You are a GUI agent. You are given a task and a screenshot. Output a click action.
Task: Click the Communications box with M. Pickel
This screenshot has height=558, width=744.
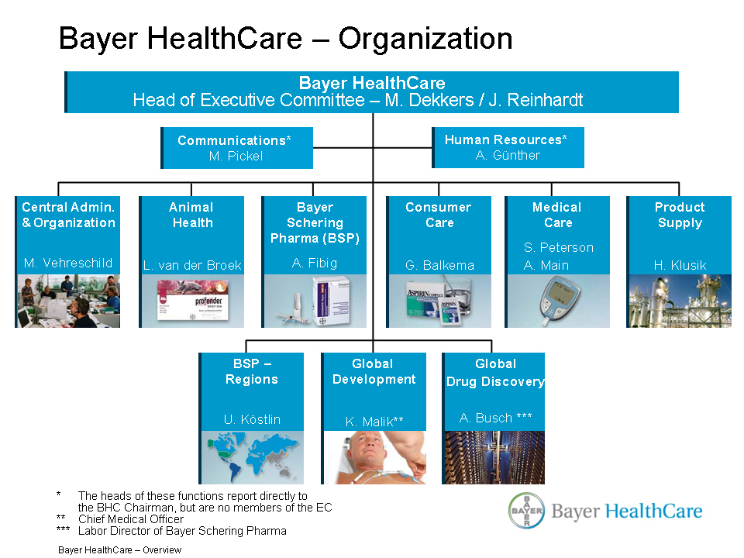pos(237,147)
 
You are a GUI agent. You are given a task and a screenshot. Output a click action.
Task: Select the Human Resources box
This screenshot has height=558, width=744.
pos(508,147)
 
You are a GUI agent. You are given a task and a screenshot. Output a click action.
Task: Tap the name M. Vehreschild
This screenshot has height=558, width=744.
pos(68,263)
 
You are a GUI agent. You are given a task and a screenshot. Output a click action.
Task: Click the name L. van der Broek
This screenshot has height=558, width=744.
pos(192,265)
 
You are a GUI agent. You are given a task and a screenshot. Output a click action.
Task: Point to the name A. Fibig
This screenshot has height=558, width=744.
pos(315,263)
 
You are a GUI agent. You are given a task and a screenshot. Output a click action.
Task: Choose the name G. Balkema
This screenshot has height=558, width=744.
pos(439,265)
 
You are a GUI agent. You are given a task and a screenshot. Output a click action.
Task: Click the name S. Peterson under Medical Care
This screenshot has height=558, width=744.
pos(559,247)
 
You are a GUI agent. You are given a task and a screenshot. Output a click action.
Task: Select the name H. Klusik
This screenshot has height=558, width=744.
pos(680,265)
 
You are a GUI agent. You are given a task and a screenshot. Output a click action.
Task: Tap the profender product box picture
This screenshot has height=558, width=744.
pos(193,301)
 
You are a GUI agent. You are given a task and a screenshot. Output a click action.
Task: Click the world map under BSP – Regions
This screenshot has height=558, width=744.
pos(253,457)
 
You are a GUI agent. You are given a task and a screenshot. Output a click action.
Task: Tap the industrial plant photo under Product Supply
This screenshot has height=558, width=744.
pos(680,301)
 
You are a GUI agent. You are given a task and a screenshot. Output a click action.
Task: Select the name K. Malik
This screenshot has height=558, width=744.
pos(374,422)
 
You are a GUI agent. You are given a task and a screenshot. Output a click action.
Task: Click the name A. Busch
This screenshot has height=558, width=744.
pos(495,418)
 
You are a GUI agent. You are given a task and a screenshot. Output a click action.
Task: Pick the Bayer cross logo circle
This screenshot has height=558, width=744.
pos(526,511)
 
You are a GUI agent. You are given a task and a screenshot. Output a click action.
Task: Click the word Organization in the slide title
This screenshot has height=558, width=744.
pos(425,39)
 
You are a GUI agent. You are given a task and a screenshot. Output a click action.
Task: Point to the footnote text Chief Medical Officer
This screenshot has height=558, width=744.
pos(131,519)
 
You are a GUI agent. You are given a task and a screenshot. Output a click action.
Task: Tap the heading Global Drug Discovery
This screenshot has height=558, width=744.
pos(495,373)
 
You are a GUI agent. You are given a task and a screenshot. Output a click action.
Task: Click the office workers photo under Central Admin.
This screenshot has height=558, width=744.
pos(69,301)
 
